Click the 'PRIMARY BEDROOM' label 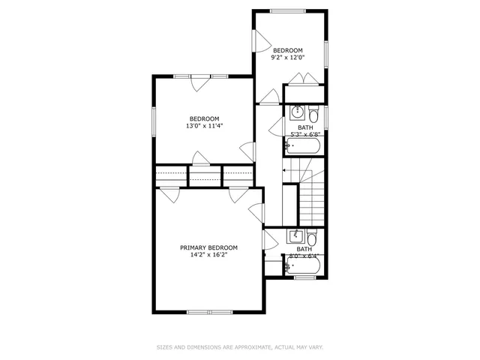coord(208,247)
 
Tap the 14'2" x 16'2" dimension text coord(208,255)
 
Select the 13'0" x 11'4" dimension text coord(204,126)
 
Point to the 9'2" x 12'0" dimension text coord(287,57)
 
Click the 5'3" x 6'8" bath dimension coord(305,134)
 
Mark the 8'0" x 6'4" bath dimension coord(304,256)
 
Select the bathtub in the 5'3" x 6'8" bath coord(304,146)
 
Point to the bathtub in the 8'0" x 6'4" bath coord(304,266)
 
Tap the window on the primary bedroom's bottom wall coord(208,311)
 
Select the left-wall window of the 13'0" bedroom coord(154,121)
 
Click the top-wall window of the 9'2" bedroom coord(289,10)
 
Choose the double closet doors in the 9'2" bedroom coord(304,79)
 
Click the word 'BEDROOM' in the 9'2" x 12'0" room coord(287,49)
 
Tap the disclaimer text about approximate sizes coord(240,347)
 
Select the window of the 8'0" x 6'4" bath coord(304,277)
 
